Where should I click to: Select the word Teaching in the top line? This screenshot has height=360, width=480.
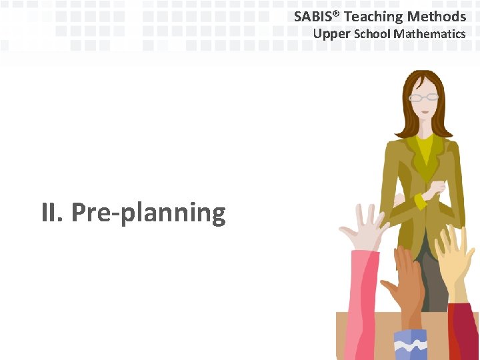click(x=373, y=17)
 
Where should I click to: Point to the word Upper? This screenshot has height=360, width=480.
click(x=332, y=33)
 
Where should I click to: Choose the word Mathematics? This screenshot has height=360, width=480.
click(x=429, y=33)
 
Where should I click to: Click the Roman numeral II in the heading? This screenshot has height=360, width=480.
click(x=51, y=213)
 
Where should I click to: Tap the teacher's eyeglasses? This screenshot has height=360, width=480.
click(x=424, y=97)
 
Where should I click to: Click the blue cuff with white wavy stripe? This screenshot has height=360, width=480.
click(x=410, y=344)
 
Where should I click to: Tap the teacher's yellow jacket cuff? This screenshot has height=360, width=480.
click(x=421, y=200)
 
